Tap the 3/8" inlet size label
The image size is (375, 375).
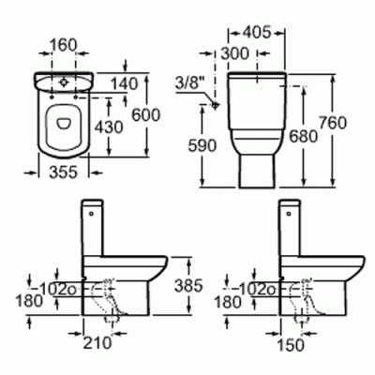click(x=190, y=83)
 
